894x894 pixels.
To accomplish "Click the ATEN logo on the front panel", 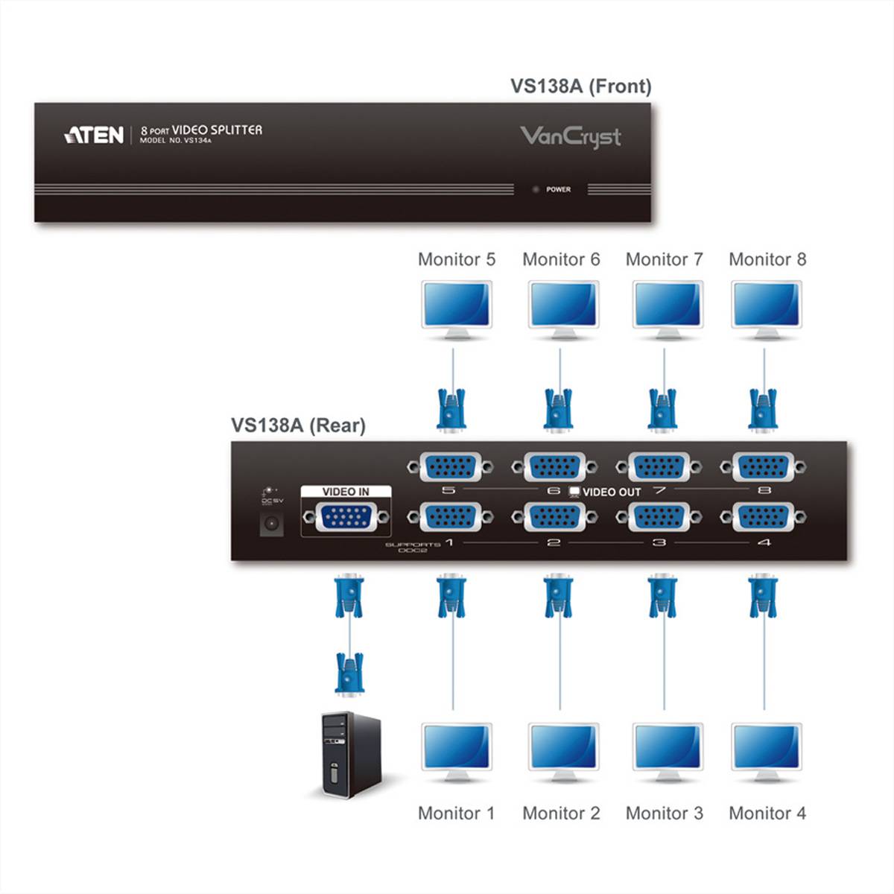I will [94, 135].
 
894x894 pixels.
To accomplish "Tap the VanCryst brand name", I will [570, 137].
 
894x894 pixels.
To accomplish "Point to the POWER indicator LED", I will [535, 190].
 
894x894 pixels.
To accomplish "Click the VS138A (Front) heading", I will [580, 86].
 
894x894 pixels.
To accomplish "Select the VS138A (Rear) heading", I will [298, 425].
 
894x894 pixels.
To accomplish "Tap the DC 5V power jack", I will [270, 524].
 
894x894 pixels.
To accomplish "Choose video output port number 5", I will [450, 468].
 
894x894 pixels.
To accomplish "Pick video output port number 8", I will [763, 468].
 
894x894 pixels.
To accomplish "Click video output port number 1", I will [450, 517].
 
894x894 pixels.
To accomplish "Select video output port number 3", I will [659, 517].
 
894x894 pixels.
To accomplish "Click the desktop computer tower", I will [350, 754].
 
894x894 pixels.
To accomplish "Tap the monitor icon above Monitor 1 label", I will [457, 750].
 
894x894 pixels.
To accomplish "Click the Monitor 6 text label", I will [560, 260].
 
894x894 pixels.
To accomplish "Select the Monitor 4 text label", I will [767, 814].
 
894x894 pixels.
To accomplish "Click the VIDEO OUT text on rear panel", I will [611, 492].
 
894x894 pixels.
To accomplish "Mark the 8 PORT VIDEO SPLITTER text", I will [201, 130].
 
